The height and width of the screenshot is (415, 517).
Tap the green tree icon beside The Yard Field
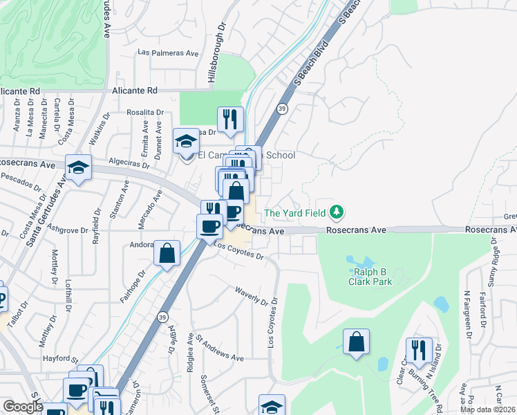(337, 212)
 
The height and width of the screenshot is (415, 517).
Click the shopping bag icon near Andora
(167, 253)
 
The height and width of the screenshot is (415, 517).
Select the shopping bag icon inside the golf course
(356, 342)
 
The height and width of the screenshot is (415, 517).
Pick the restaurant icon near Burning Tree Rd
(418, 350)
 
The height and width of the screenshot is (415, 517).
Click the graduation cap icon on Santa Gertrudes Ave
(79, 167)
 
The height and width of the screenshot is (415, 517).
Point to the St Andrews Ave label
(219, 349)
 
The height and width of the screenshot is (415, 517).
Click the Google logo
(23, 407)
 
